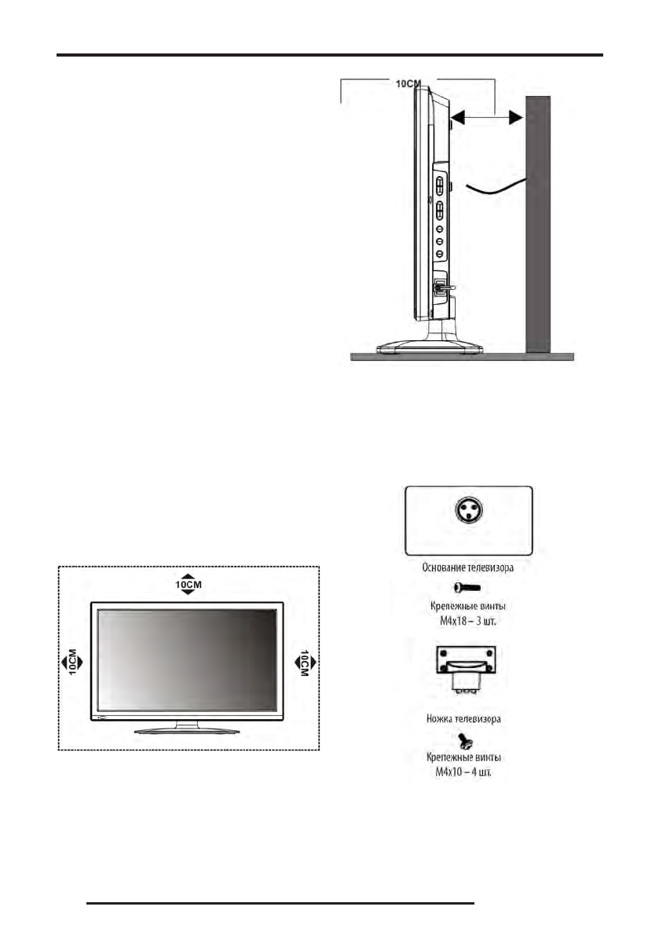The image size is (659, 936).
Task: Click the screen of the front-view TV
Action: (x=187, y=659)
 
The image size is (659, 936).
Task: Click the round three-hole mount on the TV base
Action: (x=468, y=512)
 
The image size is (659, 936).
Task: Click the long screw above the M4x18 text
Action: (x=468, y=587)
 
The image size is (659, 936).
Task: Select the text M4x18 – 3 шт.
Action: (x=468, y=621)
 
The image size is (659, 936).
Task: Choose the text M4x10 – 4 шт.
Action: (x=468, y=773)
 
